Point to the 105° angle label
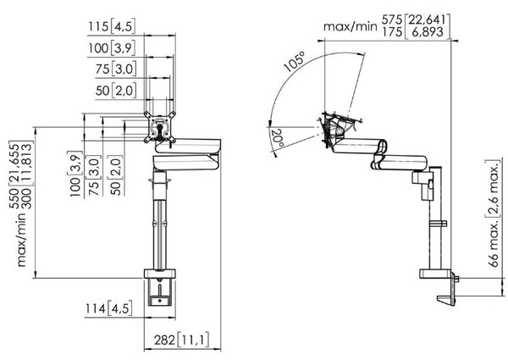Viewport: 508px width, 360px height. tap(295, 61)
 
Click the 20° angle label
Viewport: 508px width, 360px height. tap(278, 138)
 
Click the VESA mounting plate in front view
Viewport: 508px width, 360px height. tap(160, 127)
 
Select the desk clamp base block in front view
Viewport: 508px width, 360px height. tap(160, 274)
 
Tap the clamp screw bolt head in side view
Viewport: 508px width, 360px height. tap(457, 279)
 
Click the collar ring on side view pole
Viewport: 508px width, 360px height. tap(438, 224)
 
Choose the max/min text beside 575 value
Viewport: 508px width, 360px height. tap(350, 26)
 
